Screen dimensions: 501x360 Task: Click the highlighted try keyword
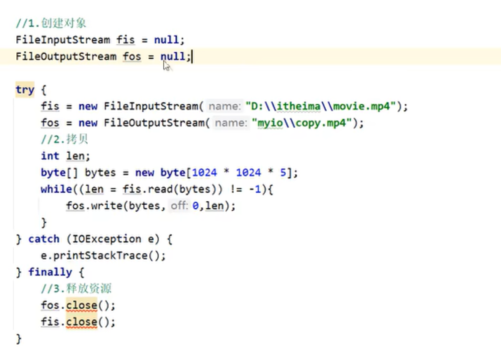click(x=25, y=90)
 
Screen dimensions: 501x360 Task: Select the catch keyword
click(x=44, y=239)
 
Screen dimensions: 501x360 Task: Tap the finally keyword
click(x=51, y=272)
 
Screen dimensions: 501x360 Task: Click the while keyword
click(x=56, y=189)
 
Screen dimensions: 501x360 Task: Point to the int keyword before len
click(x=50, y=156)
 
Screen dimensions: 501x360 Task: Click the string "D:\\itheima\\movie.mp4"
click(x=321, y=106)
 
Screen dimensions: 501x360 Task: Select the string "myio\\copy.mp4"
click(x=302, y=123)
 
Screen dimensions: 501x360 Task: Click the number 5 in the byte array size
click(x=283, y=173)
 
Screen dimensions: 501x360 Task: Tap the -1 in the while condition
click(x=255, y=189)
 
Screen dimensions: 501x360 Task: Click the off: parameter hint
click(x=179, y=206)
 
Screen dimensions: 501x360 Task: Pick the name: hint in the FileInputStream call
click(x=224, y=106)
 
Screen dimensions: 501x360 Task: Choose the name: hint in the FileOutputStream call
click(x=230, y=123)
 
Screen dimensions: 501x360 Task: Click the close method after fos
click(x=82, y=305)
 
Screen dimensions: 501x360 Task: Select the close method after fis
click(x=82, y=322)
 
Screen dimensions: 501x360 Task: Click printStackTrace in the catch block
click(x=100, y=256)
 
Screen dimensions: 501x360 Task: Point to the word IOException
click(x=107, y=239)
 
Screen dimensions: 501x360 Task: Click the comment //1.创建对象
click(x=51, y=23)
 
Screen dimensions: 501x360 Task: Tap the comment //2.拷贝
click(x=64, y=139)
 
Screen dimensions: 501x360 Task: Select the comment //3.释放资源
click(x=76, y=289)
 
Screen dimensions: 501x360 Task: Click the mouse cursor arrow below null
click(x=167, y=66)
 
